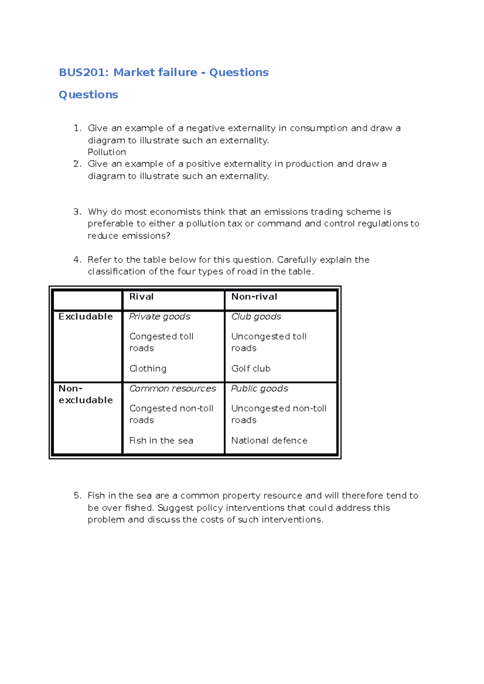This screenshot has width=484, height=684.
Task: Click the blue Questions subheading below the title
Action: (x=88, y=95)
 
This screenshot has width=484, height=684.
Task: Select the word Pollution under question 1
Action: (x=107, y=152)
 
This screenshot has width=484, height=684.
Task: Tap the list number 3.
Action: (x=77, y=212)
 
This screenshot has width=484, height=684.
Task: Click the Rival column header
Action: (x=142, y=297)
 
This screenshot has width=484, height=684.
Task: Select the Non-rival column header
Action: (x=254, y=297)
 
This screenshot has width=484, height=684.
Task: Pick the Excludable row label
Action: (x=86, y=317)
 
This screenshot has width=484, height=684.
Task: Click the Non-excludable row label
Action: (x=86, y=394)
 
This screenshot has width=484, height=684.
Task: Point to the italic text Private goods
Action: (x=160, y=317)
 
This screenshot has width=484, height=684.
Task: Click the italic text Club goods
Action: (x=256, y=317)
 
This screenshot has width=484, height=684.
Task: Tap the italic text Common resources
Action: (x=173, y=389)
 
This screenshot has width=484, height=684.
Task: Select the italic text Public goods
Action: (x=260, y=389)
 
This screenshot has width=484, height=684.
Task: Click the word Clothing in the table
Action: (x=148, y=369)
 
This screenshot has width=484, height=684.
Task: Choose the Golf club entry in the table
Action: (x=251, y=369)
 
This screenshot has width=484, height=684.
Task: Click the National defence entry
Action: (x=269, y=441)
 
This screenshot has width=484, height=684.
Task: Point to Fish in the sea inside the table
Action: (x=161, y=441)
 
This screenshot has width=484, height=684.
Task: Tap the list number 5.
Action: (x=77, y=496)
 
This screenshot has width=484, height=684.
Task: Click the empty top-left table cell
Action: (x=88, y=300)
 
